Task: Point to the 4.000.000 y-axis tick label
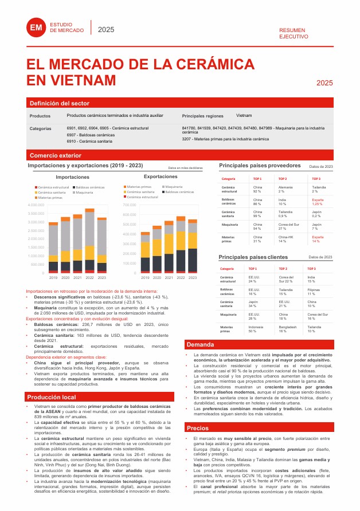tap(36, 205)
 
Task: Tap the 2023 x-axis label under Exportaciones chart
tap(192, 277)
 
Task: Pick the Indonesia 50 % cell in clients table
tap(252, 329)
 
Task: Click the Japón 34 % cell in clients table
tap(252, 304)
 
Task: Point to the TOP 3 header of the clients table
tap(311, 268)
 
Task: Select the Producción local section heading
tap(51, 396)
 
